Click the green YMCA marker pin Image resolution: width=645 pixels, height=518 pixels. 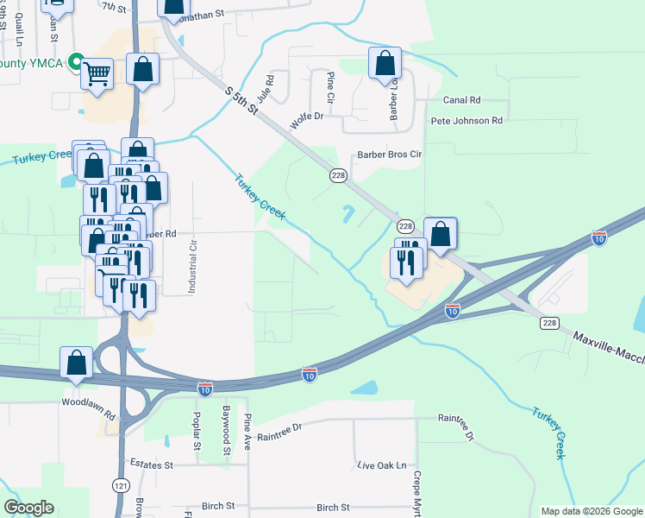76,62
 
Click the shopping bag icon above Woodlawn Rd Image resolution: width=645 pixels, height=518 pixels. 76,363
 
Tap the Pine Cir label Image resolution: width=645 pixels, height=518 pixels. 330,85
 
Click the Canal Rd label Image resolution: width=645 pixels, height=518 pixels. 460,100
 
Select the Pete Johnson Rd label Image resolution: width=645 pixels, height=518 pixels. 467,121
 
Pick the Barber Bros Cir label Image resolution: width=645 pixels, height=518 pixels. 390,155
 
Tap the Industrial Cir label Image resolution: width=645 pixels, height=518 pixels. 193,257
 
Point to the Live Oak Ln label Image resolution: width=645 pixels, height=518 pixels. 381,465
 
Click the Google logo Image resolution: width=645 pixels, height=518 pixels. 28,508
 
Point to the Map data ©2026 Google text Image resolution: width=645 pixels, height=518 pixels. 592,511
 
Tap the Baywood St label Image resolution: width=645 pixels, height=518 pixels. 227,431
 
